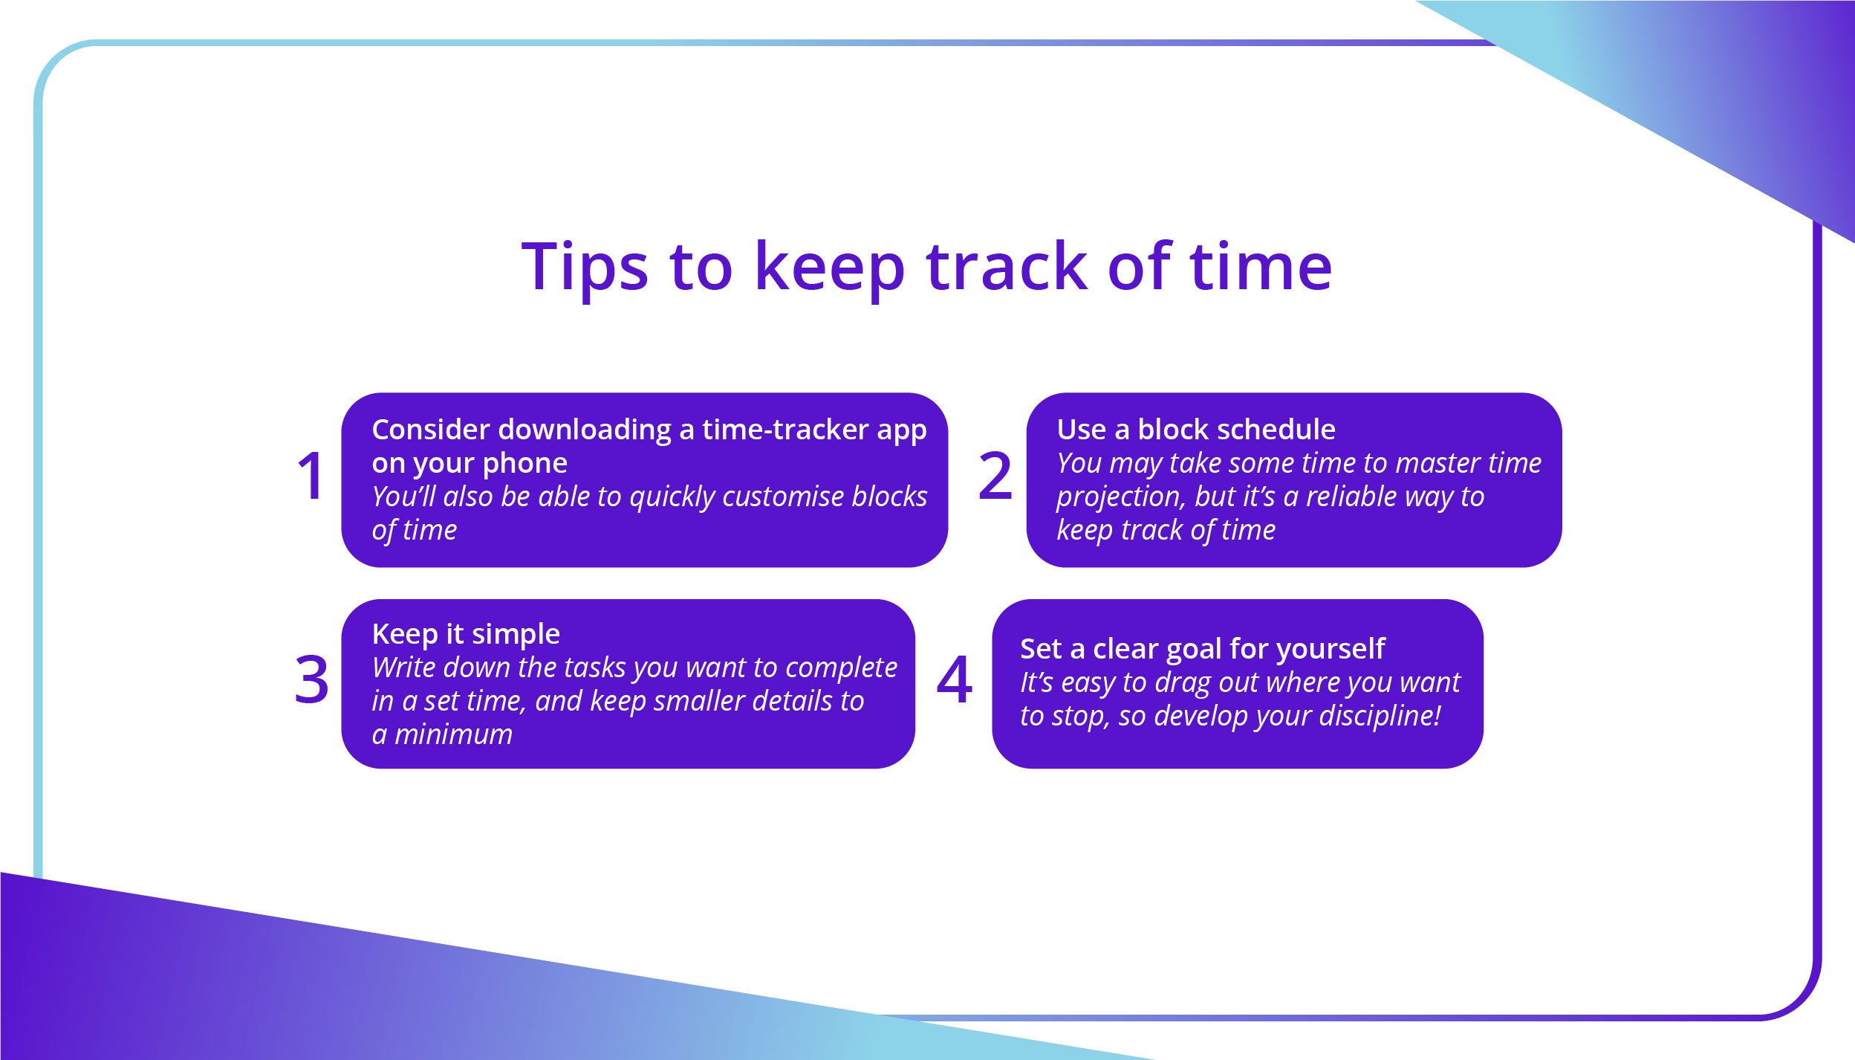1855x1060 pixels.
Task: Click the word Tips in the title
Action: pos(584,268)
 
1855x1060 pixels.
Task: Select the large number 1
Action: pos(311,476)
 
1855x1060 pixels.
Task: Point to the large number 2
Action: pos(995,476)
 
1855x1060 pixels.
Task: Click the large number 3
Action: pos(311,680)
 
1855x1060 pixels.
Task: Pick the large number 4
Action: pos(954,680)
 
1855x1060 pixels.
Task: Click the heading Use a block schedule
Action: pos(1195,430)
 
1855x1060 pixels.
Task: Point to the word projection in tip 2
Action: pos(1120,497)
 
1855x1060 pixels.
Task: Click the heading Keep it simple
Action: pos(466,634)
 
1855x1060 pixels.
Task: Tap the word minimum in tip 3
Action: pos(453,734)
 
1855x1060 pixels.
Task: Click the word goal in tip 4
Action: pos(1194,650)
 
